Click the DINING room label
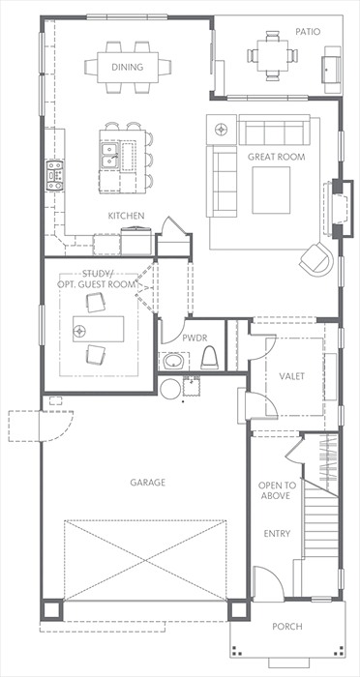(x=127, y=67)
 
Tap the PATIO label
(x=308, y=32)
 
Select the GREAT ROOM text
(x=276, y=157)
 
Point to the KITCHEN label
(x=126, y=216)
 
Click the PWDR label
(x=193, y=338)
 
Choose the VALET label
(x=292, y=376)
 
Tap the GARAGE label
(x=148, y=483)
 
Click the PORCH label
(x=287, y=626)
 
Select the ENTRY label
(x=277, y=534)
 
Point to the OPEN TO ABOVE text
(x=274, y=490)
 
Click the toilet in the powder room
(x=210, y=358)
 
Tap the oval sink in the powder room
(x=174, y=361)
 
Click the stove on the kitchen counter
(x=55, y=175)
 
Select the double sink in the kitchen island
(x=109, y=156)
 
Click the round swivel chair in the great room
(x=316, y=259)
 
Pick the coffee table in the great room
(x=271, y=190)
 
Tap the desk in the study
(x=98, y=329)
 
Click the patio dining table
(x=273, y=55)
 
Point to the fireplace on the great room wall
(x=340, y=209)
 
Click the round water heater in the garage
(x=170, y=389)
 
